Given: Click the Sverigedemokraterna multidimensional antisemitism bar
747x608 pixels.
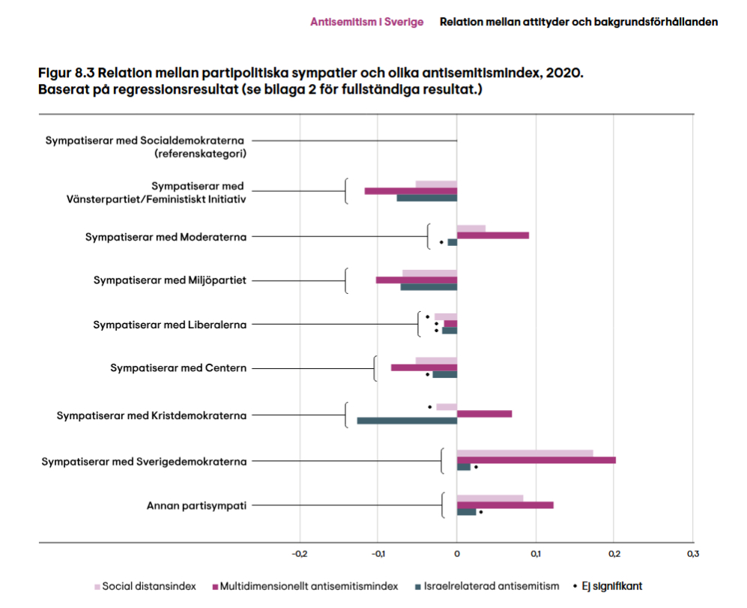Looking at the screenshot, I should tap(536, 460).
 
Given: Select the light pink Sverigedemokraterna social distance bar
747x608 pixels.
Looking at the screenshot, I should tap(524, 453).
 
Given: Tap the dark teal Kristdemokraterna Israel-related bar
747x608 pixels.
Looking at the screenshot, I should tap(407, 421).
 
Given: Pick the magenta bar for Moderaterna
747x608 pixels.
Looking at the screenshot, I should tap(492, 235).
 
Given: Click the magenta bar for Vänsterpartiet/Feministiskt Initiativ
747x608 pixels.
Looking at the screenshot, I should tap(411, 191).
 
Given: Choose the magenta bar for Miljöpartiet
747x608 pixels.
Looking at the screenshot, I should tap(416, 280).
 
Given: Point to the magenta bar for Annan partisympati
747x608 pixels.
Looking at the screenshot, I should tap(505, 505).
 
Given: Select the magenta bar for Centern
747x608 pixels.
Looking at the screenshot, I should tap(423, 367).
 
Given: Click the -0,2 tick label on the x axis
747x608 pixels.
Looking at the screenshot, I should tap(299, 554).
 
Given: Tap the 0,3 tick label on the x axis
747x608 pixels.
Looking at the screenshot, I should tap(692, 554).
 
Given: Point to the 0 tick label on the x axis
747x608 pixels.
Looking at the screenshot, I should tap(456, 554).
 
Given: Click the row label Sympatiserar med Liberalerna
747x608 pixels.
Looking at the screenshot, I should tap(169, 325).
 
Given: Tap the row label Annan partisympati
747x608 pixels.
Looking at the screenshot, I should tap(196, 505).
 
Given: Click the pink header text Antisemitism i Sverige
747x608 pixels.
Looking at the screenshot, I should tap(366, 22).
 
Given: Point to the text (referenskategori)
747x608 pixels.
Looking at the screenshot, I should tap(200, 154).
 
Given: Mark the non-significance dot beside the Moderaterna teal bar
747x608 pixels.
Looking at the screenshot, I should tap(441, 242).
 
